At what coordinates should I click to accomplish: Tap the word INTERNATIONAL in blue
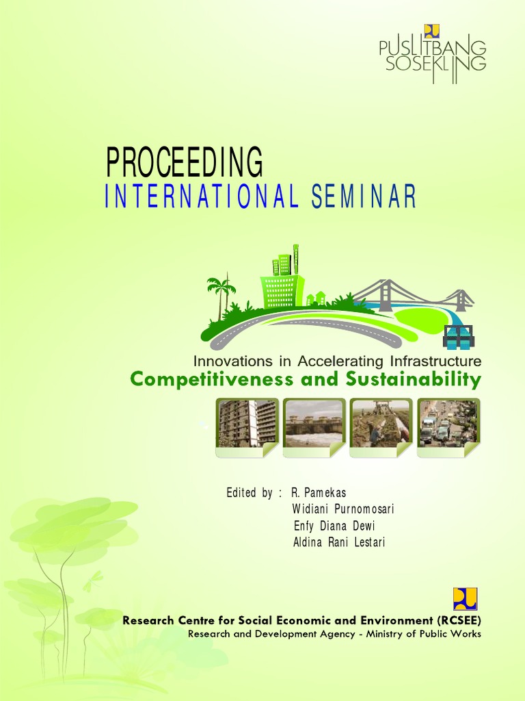pos(202,197)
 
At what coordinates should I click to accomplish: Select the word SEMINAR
pos(364,197)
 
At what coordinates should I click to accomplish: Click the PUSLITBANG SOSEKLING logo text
pos(433,55)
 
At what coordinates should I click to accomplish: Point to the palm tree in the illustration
pos(220,294)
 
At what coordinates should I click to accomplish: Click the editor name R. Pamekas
pos(314,493)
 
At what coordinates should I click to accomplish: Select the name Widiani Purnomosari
pos(343,509)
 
